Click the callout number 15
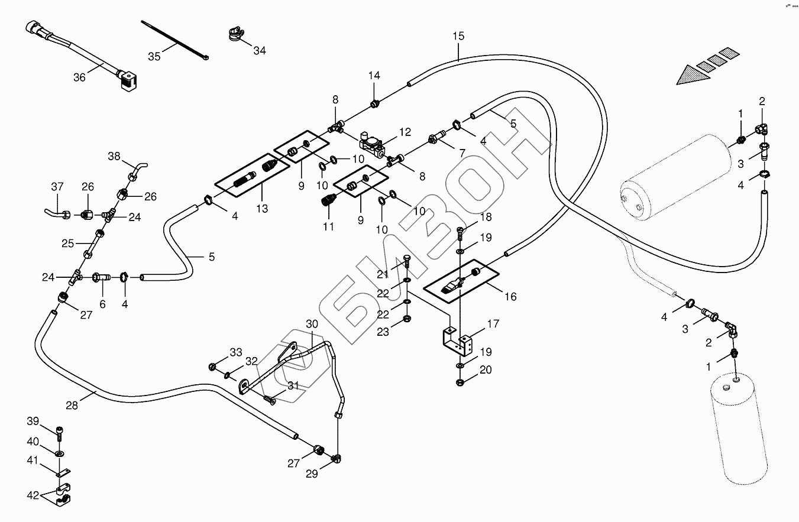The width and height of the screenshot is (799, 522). click(x=459, y=36)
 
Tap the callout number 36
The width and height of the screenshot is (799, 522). click(x=79, y=77)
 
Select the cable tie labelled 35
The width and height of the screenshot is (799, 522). click(x=174, y=41)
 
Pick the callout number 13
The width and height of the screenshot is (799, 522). click(x=262, y=208)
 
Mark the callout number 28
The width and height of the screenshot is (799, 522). click(x=72, y=406)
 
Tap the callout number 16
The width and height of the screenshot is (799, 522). click(x=510, y=296)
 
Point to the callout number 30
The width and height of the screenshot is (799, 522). click(x=312, y=323)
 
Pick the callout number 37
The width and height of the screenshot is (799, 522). click(x=57, y=187)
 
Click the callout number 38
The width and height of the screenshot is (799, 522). click(x=114, y=157)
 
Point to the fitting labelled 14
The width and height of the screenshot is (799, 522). click(x=374, y=105)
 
